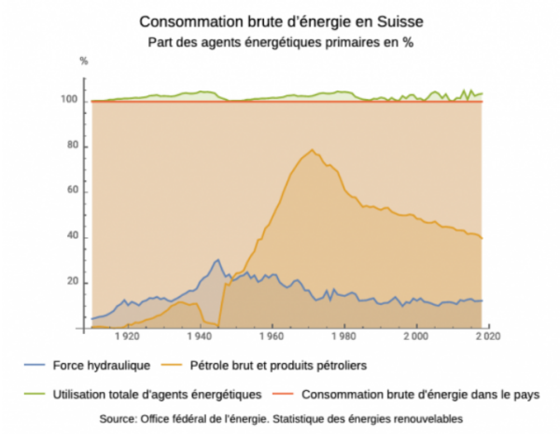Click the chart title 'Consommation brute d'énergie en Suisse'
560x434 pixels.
[280, 21]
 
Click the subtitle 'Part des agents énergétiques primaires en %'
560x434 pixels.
[280, 42]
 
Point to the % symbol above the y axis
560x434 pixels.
[83, 62]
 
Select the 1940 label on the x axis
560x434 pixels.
[200, 337]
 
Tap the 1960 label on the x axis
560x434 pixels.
[272, 337]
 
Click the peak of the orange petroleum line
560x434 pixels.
[312, 150]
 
